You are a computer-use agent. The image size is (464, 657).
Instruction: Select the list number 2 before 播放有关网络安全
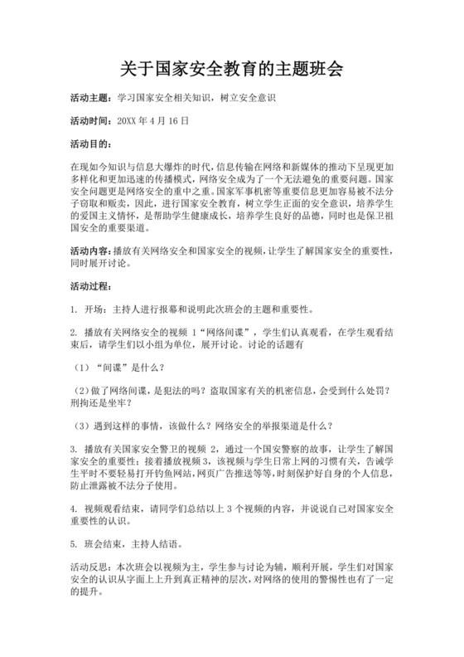tap(74, 333)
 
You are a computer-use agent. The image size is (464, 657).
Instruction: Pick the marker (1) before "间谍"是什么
tap(83, 368)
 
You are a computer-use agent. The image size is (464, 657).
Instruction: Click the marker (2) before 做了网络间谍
tap(83, 391)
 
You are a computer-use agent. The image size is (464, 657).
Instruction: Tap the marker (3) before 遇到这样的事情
tap(83, 426)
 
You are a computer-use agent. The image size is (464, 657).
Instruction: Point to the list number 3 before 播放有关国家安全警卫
tap(74, 449)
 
